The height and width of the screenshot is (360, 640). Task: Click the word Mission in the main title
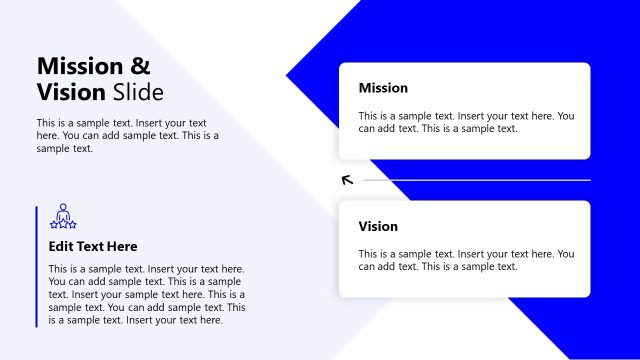(79, 67)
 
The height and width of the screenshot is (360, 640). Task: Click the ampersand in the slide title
(141, 67)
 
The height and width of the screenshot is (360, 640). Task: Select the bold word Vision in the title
(71, 93)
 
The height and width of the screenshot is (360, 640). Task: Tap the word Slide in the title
(138, 93)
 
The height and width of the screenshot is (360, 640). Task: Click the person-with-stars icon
(63, 217)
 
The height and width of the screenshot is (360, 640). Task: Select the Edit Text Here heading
(93, 246)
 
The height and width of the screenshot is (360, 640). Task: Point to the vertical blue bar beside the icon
(37, 266)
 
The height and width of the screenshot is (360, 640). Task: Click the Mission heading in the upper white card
(383, 88)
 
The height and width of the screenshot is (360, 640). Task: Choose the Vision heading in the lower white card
(378, 226)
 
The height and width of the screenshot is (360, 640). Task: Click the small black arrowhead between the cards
(347, 180)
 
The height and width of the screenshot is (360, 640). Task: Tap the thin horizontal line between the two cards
(476, 180)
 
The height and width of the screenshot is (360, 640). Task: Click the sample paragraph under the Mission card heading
(466, 122)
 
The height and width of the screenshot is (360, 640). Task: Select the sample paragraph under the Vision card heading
(466, 260)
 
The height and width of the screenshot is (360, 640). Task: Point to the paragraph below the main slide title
(127, 136)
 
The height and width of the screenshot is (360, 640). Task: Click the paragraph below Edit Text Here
(146, 294)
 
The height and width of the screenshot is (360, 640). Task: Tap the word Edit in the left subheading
(61, 246)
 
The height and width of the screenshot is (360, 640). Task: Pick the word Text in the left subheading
(90, 246)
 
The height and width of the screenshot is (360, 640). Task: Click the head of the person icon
(63, 208)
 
